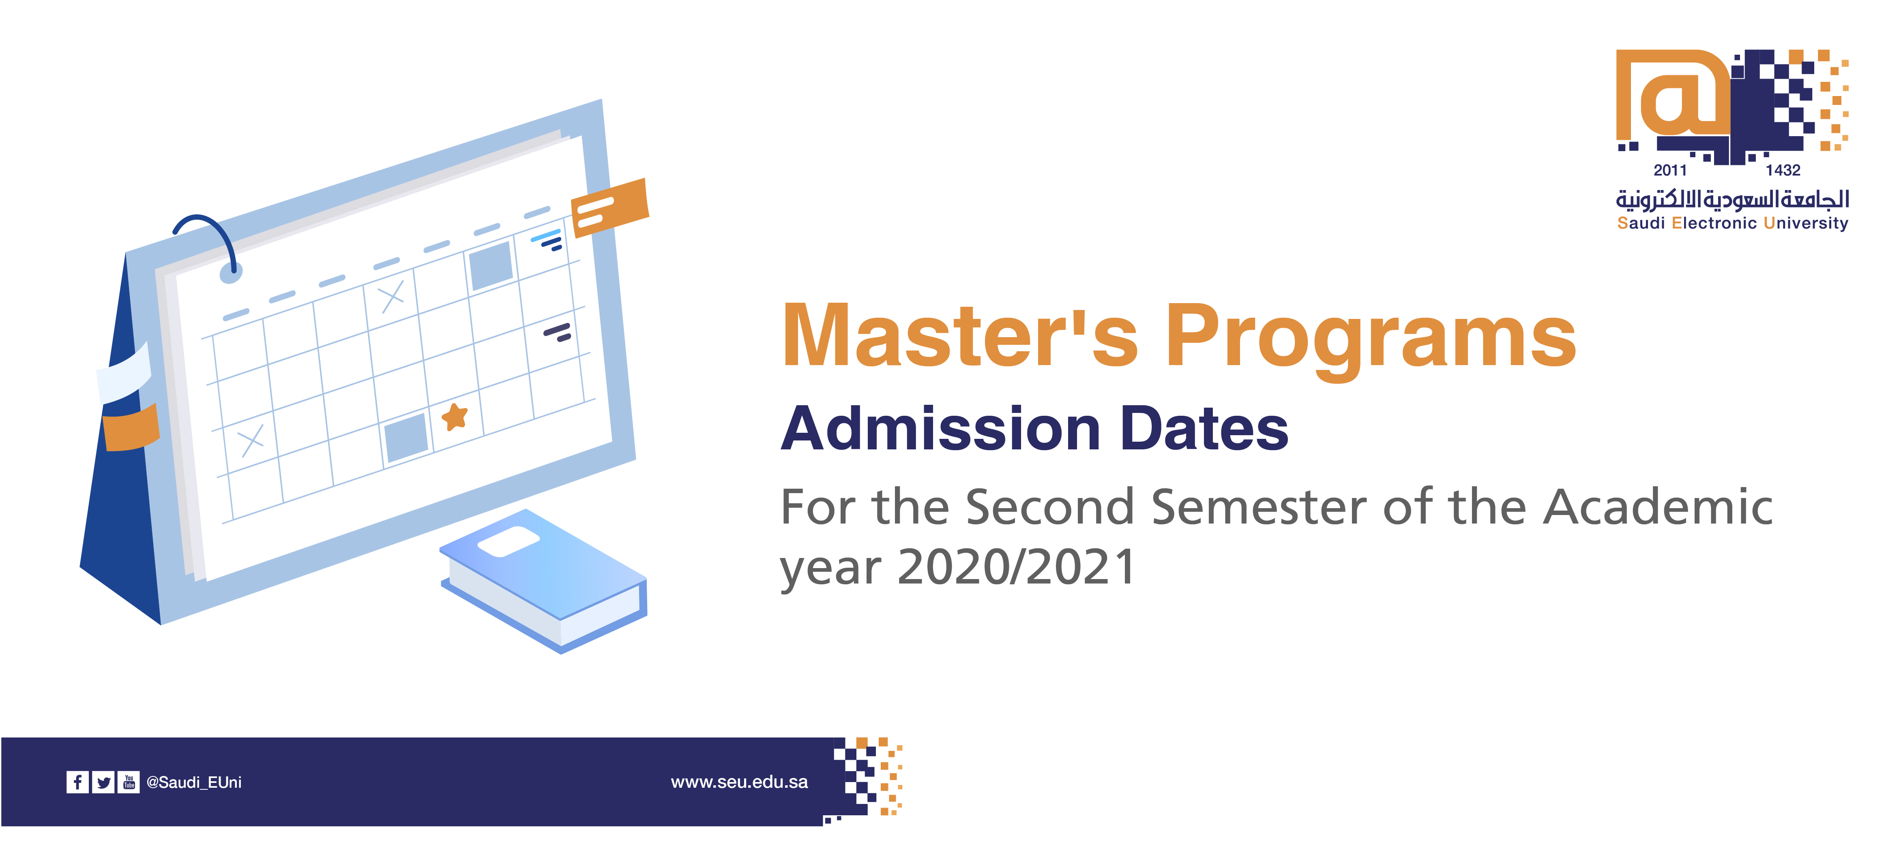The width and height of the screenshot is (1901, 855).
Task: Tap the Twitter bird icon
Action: click(103, 782)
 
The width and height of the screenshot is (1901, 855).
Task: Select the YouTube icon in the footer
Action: click(129, 782)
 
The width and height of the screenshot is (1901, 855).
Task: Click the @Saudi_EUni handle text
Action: click(194, 782)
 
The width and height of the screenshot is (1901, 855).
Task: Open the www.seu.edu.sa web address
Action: click(740, 782)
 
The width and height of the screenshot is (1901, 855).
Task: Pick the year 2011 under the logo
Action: click(1670, 171)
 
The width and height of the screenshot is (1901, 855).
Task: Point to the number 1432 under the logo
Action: click(1783, 171)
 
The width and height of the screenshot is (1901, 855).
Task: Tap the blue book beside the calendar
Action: click(544, 581)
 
